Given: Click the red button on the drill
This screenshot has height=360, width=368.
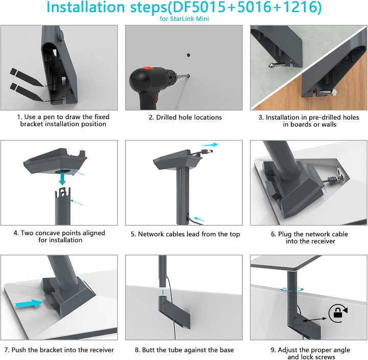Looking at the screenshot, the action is coord(147,69).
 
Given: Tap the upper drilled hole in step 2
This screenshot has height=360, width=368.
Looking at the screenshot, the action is coord(188,55).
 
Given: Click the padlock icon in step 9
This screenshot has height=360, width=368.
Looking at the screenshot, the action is coord(338,313).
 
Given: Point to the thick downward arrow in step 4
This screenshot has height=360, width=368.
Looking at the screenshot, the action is coord(62,179).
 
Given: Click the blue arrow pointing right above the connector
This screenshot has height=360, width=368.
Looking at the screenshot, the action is coord(210,145).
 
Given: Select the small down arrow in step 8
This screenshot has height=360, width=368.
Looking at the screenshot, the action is coord(163,292).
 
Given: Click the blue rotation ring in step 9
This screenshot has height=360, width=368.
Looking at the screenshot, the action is coord(292,290).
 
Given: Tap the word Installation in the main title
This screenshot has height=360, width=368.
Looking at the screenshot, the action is coord(86,7).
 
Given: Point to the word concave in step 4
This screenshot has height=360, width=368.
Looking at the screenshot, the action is coord(48,233).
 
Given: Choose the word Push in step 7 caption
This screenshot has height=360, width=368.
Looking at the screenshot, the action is coord(19,350).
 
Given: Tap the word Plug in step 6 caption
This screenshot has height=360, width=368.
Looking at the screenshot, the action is coord(285,234).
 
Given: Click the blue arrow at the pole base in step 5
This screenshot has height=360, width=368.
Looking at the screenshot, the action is coord(199,219).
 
